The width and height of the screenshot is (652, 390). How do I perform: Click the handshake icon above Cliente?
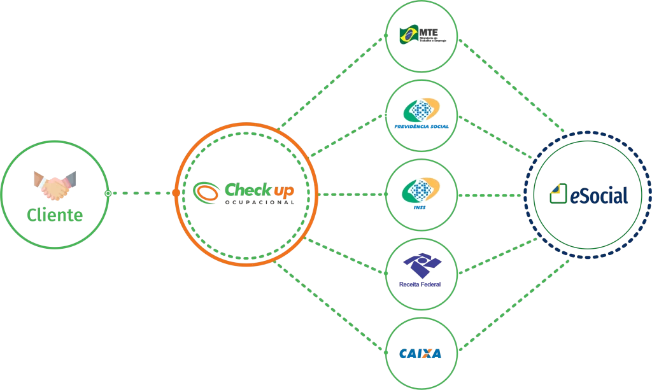coord(55,185)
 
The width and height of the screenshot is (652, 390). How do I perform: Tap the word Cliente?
coord(55,215)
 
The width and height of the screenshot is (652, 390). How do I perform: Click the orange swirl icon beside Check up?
coord(206,190)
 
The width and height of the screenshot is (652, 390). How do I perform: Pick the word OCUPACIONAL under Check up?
coord(260,202)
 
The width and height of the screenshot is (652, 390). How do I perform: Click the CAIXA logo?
coord(421,353)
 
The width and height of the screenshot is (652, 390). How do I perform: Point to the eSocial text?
coord(599,195)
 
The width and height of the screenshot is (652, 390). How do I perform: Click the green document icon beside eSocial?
coord(558,193)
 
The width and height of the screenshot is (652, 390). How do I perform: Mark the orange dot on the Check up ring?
coord(176,192)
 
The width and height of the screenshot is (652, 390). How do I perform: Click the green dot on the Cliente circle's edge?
coord(108,192)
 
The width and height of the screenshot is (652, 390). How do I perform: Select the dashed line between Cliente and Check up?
coord(141,192)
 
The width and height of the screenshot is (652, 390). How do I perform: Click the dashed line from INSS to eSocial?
coord(490,194)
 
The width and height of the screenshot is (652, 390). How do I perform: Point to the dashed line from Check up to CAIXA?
coord(331,305)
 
